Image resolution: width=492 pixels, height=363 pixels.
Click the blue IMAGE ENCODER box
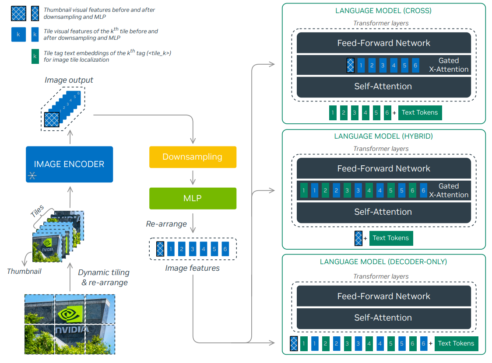coord(69,164)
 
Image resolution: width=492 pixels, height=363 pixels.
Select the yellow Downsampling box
coord(193,157)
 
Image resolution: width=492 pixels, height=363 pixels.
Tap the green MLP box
coord(193,199)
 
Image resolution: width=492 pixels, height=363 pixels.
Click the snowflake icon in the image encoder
coord(32,175)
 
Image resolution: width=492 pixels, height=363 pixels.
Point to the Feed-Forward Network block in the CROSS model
coord(384,43)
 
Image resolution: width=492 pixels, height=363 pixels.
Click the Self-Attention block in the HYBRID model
coord(384,212)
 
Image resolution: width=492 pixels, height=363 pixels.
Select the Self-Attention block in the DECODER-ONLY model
coord(384,318)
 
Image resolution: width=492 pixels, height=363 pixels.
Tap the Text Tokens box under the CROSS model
coord(420,112)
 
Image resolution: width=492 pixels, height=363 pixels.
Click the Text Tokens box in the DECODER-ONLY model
coord(456,344)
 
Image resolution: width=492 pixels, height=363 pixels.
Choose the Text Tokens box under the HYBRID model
coord(391,238)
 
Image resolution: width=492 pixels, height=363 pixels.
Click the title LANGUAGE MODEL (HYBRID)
coord(383,136)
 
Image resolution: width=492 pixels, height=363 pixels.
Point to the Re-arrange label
coord(166,224)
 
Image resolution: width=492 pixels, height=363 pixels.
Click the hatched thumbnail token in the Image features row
coord(160,249)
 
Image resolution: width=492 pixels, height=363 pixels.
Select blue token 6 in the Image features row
coord(225,249)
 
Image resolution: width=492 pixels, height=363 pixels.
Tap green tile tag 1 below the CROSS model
coord(333,113)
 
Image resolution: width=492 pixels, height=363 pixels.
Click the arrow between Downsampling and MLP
coord(193,178)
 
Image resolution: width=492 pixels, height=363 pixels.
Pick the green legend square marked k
coord(35,56)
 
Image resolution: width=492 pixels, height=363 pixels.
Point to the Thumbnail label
coord(24,272)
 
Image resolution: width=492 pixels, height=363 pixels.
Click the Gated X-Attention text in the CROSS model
coord(449,65)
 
